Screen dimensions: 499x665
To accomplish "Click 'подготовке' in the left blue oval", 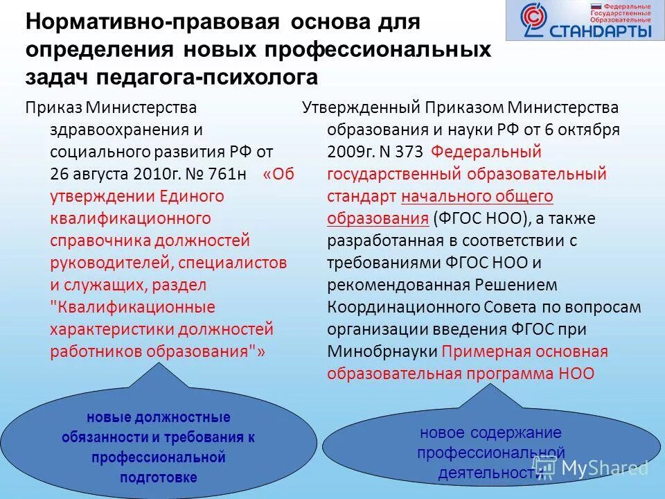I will coord(159,477).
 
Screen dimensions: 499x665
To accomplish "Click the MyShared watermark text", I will coord(603,468).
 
